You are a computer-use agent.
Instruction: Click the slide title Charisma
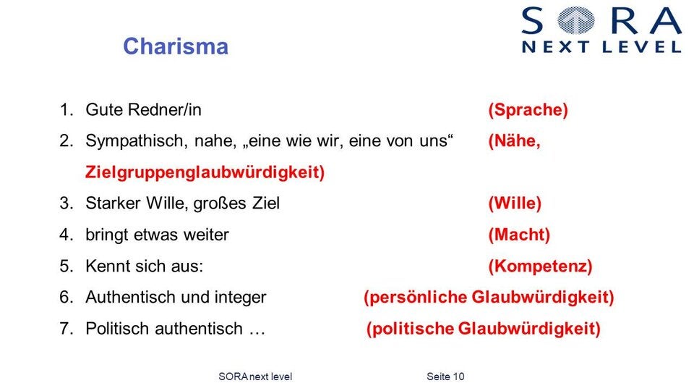[x=176, y=46]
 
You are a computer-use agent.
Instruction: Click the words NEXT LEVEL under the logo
[x=601, y=47]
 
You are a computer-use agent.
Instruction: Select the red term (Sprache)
[x=528, y=110]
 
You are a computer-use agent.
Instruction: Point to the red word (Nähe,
[x=514, y=141]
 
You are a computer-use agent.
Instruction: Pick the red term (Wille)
[x=515, y=203]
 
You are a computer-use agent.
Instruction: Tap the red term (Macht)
[x=519, y=235]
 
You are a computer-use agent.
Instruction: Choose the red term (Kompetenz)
[x=540, y=266]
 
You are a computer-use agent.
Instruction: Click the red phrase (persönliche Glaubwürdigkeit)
[x=489, y=297]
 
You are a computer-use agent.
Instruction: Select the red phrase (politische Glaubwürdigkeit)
[x=484, y=329]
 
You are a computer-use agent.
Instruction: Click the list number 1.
[x=66, y=110]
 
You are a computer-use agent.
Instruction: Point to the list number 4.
[x=66, y=235]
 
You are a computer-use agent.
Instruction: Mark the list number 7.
[x=66, y=329]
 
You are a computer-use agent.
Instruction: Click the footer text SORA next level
[x=254, y=377]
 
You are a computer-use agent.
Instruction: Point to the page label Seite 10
[x=445, y=377]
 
